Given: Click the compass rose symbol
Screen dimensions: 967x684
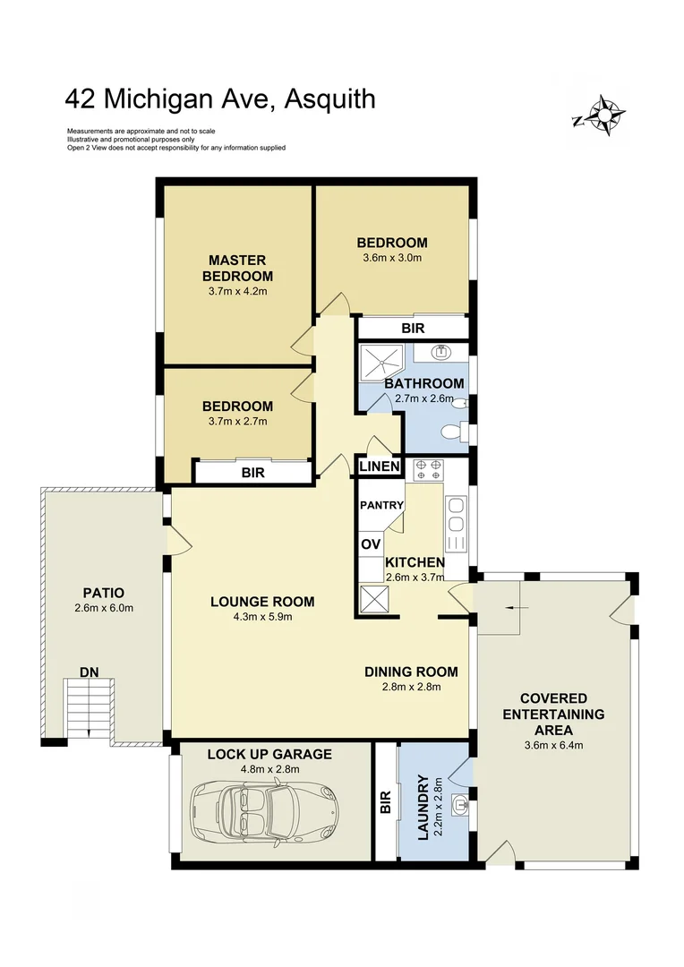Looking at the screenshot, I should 603,116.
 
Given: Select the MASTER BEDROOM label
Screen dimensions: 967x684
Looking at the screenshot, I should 236,268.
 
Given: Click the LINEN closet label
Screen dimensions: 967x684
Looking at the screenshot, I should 379,467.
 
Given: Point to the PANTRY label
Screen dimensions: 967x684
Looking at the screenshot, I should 382,505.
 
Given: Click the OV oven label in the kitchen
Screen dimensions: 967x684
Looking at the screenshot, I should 371,543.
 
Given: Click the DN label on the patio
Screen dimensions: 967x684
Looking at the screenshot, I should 89,671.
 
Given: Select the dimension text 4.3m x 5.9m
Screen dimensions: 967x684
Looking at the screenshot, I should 262,616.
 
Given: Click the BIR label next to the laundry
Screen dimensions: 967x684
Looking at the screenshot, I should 386,801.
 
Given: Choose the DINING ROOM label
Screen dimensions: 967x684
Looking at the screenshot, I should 411,672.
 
